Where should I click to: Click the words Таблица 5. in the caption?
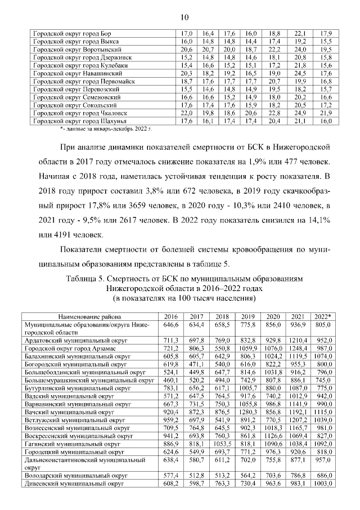(85, 279)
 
